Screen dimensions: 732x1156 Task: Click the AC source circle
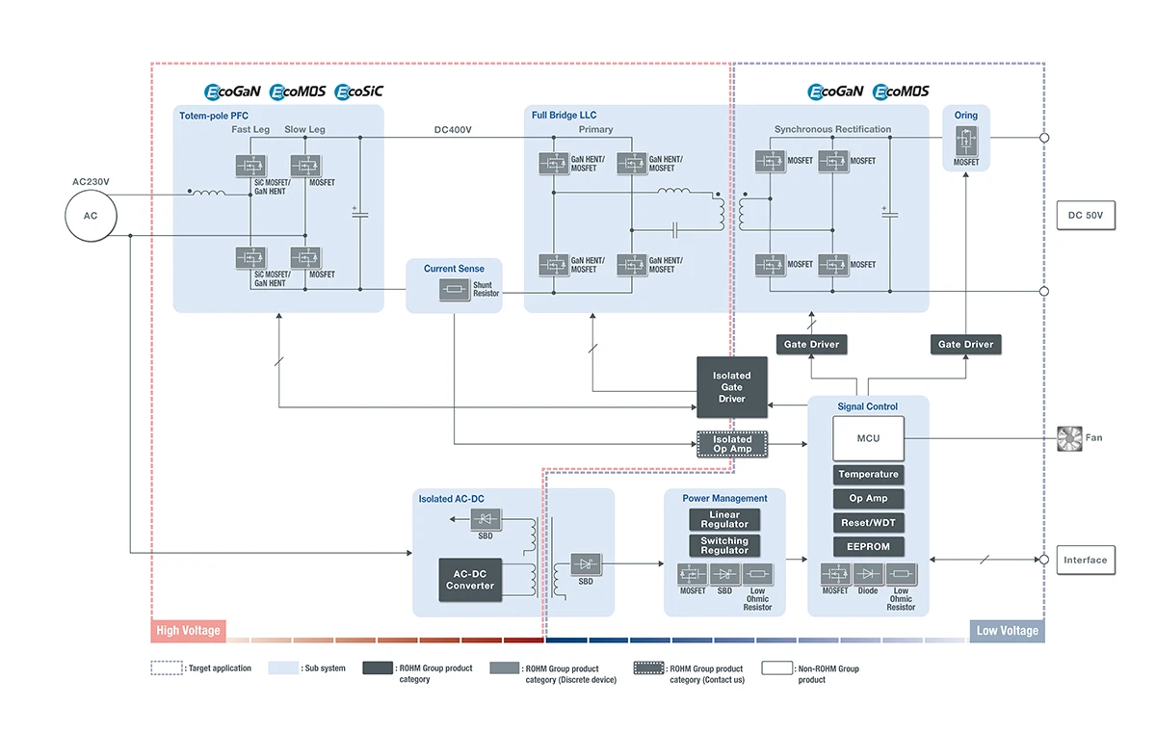click(91, 215)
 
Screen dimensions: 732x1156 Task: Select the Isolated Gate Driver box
click(731, 387)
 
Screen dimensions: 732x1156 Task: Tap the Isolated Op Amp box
click(731, 444)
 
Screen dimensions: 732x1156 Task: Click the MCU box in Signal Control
click(868, 438)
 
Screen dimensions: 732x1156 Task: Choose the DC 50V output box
click(1086, 217)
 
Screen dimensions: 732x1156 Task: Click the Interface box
click(1086, 561)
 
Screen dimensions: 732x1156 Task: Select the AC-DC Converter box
click(470, 580)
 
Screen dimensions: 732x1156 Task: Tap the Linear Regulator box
click(724, 520)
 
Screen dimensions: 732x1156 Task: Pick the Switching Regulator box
click(724, 546)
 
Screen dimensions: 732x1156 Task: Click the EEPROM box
click(868, 547)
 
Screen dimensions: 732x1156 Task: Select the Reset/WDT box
click(868, 523)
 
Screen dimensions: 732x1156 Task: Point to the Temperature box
click(868, 475)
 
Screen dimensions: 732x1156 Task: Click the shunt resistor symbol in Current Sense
click(454, 289)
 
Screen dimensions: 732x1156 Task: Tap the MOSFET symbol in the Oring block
click(965, 140)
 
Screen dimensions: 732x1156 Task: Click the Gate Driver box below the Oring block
click(965, 344)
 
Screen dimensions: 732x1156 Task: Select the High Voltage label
click(188, 631)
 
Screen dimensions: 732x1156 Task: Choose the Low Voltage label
click(1007, 631)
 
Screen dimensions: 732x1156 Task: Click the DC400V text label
click(453, 130)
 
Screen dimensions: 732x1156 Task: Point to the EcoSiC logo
click(358, 91)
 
